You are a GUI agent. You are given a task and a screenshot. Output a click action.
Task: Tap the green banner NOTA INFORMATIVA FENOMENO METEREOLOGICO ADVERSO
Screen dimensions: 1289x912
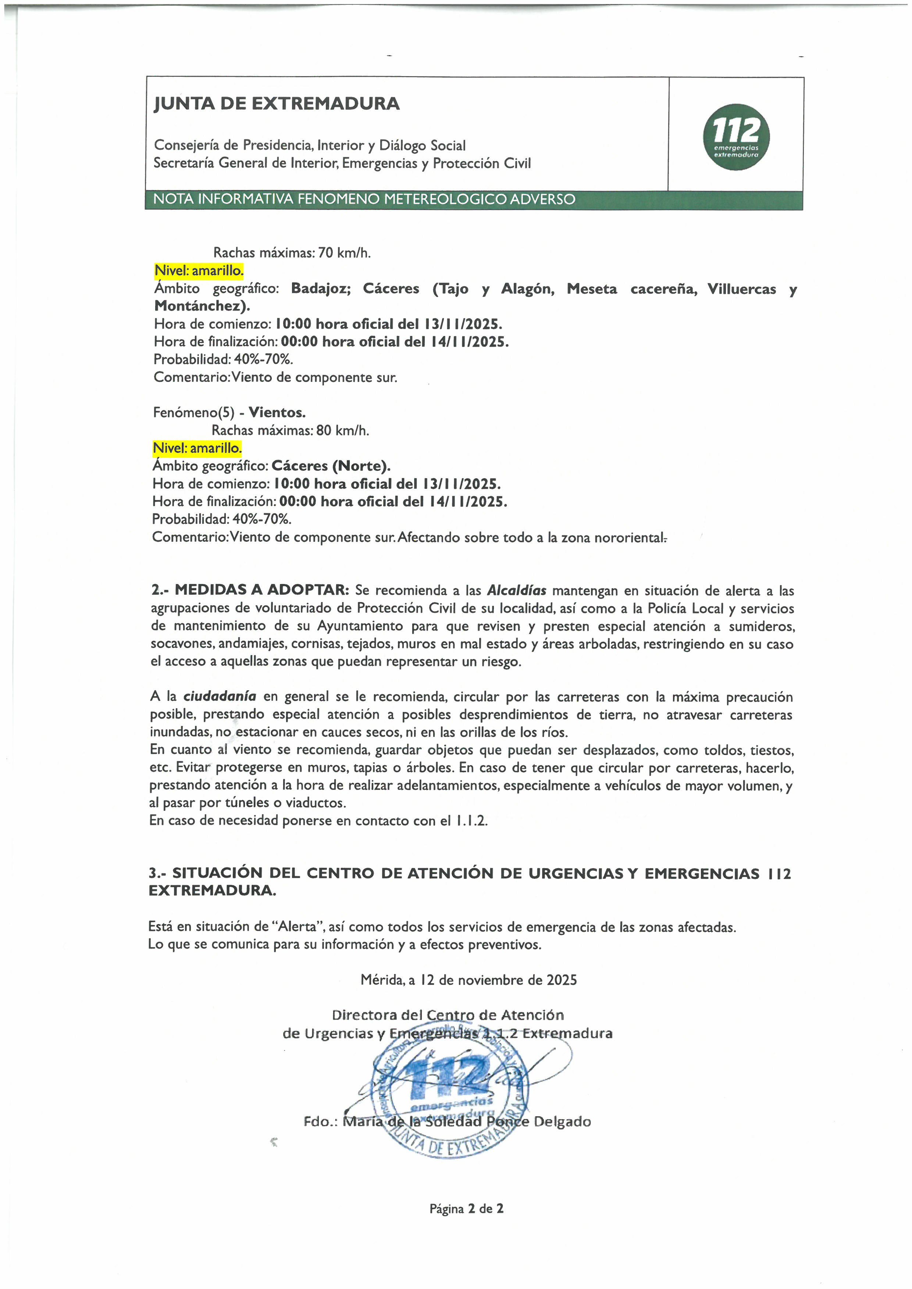pos(364,199)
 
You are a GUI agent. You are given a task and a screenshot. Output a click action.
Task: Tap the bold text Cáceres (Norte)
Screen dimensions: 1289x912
pos(331,466)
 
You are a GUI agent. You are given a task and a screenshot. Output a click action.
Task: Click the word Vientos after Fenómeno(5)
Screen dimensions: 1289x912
pos(277,413)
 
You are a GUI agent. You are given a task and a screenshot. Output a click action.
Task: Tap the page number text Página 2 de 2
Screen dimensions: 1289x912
pos(466,1209)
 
